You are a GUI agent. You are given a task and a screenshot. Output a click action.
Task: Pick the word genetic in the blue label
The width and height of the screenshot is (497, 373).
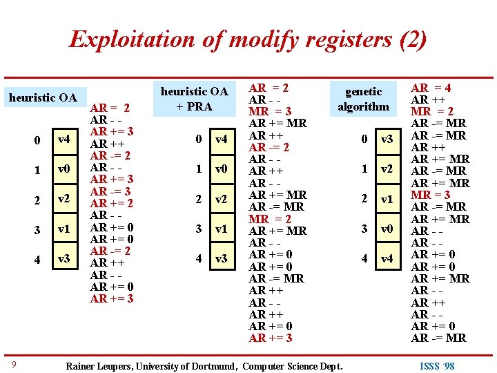pos(363,91)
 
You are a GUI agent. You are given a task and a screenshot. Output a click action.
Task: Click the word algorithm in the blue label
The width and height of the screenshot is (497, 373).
pos(363,106)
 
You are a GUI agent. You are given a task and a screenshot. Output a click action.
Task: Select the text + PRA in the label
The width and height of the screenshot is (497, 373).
pos(194,106)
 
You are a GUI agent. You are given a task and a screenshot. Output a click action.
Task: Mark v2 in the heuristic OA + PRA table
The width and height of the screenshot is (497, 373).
pos(220,199)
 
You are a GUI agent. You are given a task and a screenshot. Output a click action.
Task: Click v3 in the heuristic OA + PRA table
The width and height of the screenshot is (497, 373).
pos(220,258)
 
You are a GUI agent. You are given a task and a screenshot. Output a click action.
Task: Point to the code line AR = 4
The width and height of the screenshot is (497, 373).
pos(431,88)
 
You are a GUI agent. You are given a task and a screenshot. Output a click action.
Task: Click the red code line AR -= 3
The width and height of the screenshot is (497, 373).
pos(110,191)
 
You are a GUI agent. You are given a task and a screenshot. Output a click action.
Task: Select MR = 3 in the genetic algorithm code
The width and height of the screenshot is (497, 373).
pos(431,195)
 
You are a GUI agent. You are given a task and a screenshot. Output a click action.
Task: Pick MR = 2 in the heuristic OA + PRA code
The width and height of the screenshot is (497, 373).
pos(270,219)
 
